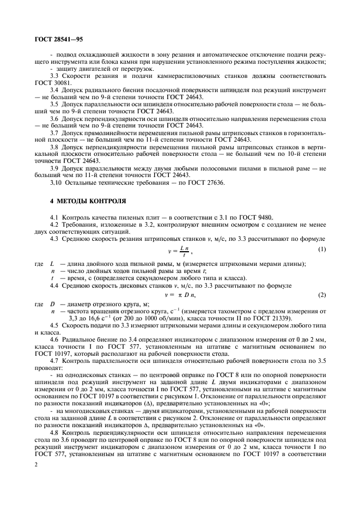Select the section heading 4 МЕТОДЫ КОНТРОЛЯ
point(81,201)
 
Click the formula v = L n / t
point(180,250)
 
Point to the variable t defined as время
point(52,277)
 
